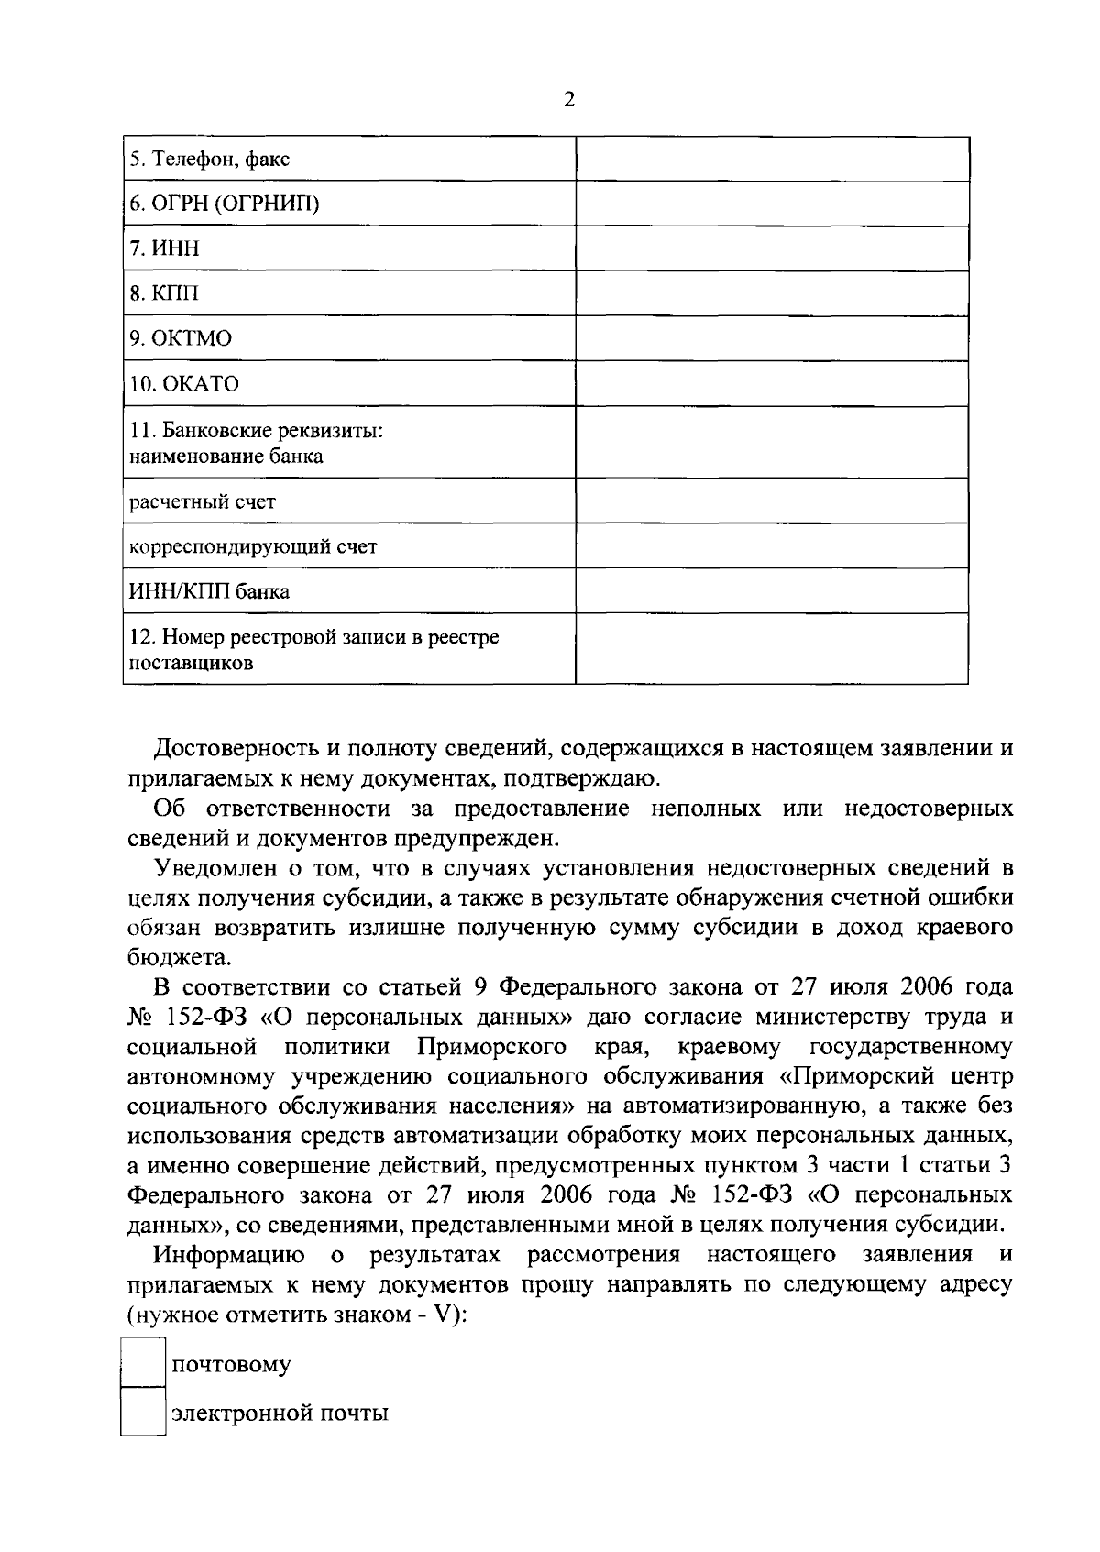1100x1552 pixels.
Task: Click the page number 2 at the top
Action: click(568, 101)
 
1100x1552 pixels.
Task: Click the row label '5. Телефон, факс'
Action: click(209, 160)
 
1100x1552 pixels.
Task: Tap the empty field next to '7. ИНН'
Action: click(772, 248)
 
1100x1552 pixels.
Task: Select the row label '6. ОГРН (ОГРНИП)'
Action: click(224, 204)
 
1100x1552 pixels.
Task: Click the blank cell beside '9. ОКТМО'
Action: click(772, 338)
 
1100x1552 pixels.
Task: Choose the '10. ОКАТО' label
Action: click(183, 383)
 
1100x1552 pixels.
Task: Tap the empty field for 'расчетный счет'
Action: click(772, 501)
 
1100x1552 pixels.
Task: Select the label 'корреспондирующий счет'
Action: click(253, 546)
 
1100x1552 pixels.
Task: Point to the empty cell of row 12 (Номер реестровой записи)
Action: click(772, 648)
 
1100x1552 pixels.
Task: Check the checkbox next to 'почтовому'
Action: click(143, 1363)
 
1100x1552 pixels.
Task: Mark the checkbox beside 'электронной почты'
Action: click(143, 1412)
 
